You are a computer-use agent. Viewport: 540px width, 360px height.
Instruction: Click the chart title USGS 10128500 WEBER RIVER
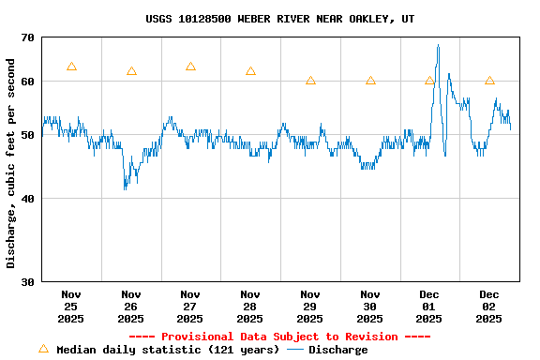click(279, 19)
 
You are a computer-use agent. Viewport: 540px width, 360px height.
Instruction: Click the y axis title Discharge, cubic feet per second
click(10, 163)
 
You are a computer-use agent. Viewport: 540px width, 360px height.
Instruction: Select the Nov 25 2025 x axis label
click(71, 306)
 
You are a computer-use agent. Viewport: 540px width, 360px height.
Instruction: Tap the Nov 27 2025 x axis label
click(190, 306)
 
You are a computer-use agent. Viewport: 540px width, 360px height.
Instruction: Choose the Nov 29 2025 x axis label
click(310, 306)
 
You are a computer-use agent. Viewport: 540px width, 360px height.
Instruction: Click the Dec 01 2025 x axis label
click(429, 306)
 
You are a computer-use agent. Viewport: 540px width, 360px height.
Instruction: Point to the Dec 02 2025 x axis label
click(489, 306)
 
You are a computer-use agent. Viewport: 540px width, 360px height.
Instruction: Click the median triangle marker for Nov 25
click(71, 67)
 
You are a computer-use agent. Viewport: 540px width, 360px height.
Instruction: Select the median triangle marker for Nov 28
click(250, 71)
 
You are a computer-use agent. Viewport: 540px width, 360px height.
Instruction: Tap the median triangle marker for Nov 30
click(370, 81)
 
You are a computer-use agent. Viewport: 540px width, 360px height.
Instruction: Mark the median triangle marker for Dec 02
click(489, 81)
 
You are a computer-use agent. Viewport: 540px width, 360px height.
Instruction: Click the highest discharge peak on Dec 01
click(438, 45)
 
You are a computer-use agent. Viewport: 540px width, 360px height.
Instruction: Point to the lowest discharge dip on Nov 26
click(125, 188)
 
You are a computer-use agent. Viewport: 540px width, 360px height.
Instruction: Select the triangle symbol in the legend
click(43, 349)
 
